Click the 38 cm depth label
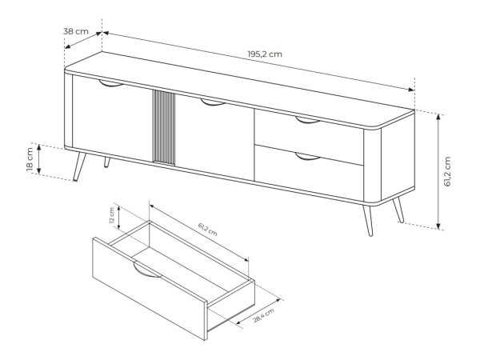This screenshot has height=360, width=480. [76, 31]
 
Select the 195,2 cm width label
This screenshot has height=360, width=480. [265, 54]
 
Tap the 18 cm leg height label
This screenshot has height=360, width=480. [30, 159]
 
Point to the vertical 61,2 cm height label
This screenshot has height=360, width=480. [447, 172]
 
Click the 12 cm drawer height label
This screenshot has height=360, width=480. [112, 215]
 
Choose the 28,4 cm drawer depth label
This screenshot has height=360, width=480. [263, 316]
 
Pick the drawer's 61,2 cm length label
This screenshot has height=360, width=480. [207, 230]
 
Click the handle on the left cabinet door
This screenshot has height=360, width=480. [111, 83]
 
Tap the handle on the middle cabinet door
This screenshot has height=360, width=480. [213, 102]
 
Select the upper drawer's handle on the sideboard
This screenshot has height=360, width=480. [308, 120]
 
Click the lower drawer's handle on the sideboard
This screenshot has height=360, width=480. [308, 157]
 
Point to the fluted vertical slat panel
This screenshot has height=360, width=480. [164, 127]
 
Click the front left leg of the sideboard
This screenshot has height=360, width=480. [79, 166]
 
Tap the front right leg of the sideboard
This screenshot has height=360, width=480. [368, 221]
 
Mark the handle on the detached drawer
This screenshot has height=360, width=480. [147, 270]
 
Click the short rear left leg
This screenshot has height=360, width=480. [106, 162]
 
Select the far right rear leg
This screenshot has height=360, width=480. [398, 210]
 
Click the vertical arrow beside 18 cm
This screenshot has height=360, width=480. [39, 159]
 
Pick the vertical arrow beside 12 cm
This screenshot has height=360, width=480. [119, 218]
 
